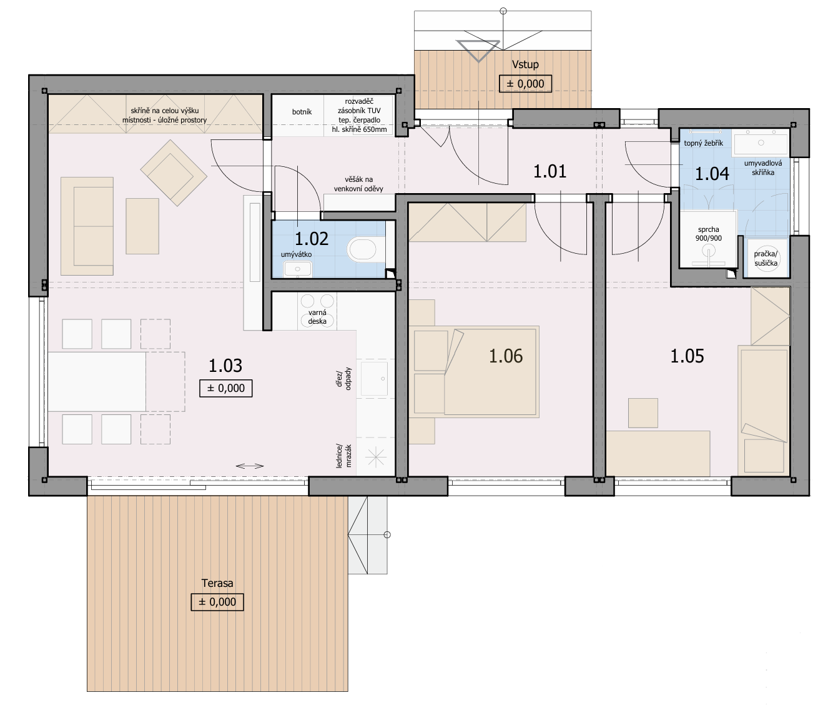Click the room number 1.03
click(x=225, y=366)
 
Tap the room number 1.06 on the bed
click(x=506, y=356)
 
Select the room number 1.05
click(x=687, y=356)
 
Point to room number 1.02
click(x=311, y=239)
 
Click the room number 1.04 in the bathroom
click(x=712, y=174)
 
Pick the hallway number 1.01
click(x=550, y=171)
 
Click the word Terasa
click(x=217, y=583)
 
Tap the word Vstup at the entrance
click(x=525, y=64)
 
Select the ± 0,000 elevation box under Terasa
click(x=217, y=602)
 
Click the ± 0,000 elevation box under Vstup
click(x=525, y=83)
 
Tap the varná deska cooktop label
click(x=317, y=317)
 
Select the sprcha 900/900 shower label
click(x=709, y=234)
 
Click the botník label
click(x=302, y=112)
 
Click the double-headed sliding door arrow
click(x=250, y=466)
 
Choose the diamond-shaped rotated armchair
click(x=174, y=172)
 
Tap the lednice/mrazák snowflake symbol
click(x=376, y=457)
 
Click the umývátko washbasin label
click(x=297, y=254)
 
